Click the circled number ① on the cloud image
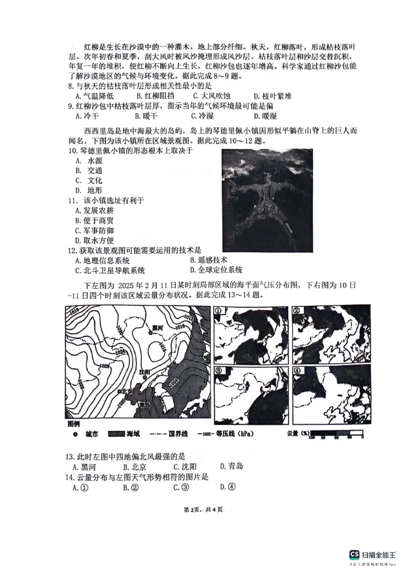click(219, 312)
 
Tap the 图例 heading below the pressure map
click(74, 423)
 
